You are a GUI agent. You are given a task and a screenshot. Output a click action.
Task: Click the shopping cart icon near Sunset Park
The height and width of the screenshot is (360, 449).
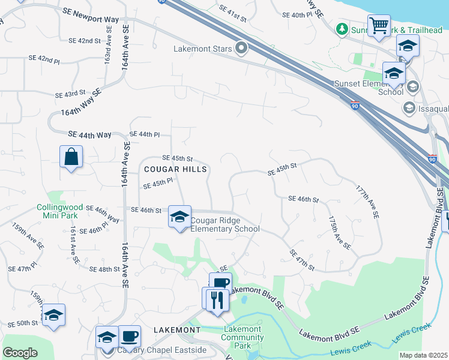coord(379,26)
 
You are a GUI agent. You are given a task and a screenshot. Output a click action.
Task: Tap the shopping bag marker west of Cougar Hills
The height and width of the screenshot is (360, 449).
coord(71,157)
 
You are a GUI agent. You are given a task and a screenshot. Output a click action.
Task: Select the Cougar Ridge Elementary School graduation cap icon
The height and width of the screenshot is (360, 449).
coord(179,217)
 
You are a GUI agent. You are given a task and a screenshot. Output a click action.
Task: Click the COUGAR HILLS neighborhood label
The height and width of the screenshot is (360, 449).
coord(175,170)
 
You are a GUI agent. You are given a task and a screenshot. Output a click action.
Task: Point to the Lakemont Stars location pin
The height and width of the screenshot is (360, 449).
coord(242,47)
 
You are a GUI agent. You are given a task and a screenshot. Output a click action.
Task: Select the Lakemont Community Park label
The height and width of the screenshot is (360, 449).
coord(243,337)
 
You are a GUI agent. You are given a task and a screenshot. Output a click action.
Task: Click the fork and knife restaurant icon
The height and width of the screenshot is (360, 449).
coord(217,299)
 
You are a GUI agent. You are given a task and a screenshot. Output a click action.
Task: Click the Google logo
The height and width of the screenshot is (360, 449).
coord(20,353)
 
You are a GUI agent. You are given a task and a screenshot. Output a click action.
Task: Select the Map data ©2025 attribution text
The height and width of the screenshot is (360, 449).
coord(423,355)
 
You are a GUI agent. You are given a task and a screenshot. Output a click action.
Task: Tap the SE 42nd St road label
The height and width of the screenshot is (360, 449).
coord(85,41)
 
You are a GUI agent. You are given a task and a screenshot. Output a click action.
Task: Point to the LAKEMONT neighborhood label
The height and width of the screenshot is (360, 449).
coord(177,330)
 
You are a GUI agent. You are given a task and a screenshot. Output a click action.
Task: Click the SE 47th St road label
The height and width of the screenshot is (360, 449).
coord(302,260)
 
